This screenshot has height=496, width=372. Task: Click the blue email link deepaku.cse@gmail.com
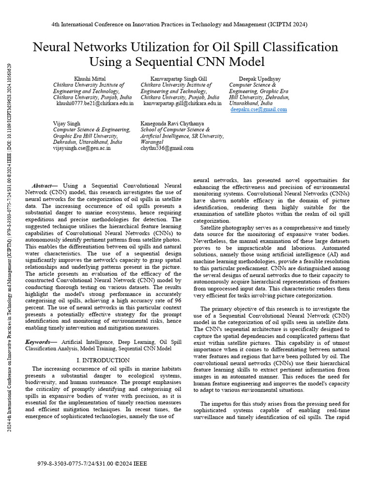coord(259,109)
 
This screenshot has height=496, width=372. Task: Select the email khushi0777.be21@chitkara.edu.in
coord(95,103)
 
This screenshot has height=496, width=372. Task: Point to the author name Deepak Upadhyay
coord(259,78)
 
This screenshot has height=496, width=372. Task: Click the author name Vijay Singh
coord(67,124)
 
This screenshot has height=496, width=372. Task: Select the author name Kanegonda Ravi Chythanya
coord(172,124)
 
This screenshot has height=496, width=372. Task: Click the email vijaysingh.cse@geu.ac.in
coord(82,149)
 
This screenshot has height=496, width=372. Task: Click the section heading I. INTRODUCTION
coord(103,360)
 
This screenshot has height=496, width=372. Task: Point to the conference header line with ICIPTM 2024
coord(179,24)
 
